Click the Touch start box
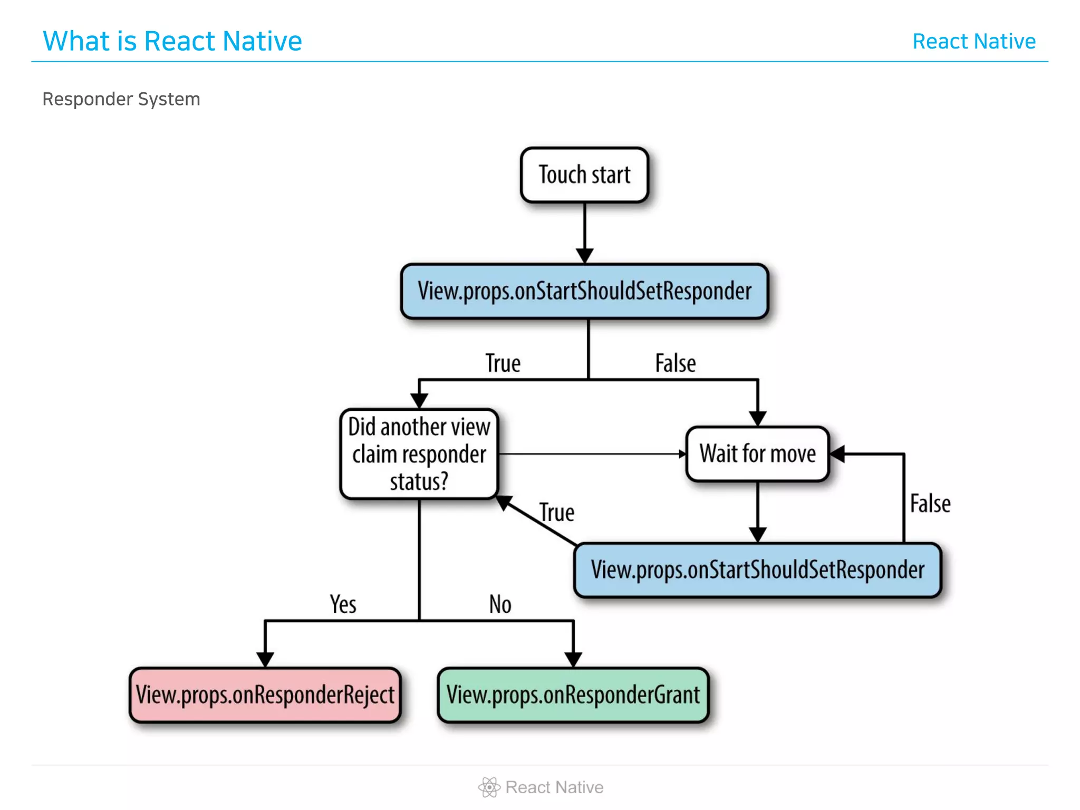click(584, 175)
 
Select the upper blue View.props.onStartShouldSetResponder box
click(584, 292)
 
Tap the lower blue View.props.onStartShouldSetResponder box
click(757, 570)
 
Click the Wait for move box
click(757, 454)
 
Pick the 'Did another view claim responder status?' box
click(419, 454)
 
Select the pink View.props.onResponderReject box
click(265, 695)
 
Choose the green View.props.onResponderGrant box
click(573, 695)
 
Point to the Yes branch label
click(343, 604)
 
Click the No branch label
click(500, 604)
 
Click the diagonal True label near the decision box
click(557, 513)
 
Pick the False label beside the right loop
click(930, 504)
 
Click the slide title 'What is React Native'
click(172, 41)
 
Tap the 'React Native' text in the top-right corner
click(974, 41)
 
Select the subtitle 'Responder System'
click(121, 99)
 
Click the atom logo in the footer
click(489, 787)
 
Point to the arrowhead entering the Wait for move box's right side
click(838, 454)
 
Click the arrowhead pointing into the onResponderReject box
click(265, 660)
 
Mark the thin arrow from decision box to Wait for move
click(591, 454)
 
